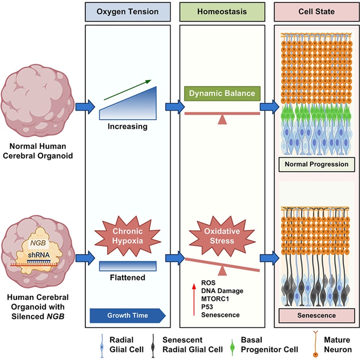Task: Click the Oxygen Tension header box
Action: (128, 12)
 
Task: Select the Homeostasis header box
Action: (222, 12)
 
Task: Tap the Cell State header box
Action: (317, 12)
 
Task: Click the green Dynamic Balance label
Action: (222, 94)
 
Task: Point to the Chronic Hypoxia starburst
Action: (128, 236)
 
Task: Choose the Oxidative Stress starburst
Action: (222, 236)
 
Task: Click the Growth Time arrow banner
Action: (128, 315)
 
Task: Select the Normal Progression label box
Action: (317, 165)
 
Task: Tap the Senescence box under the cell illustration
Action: (317, 315)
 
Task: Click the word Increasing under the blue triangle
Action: (128, 127)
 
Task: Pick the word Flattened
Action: (128, 278)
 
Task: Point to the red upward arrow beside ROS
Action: (194, 300)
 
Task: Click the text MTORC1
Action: (215, 299)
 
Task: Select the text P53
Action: (207, 307)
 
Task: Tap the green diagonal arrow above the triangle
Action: (128, 90)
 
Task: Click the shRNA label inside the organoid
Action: (39, 255)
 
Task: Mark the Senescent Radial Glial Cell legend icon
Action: (153, 346)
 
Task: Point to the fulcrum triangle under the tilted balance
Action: (222, 271)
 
